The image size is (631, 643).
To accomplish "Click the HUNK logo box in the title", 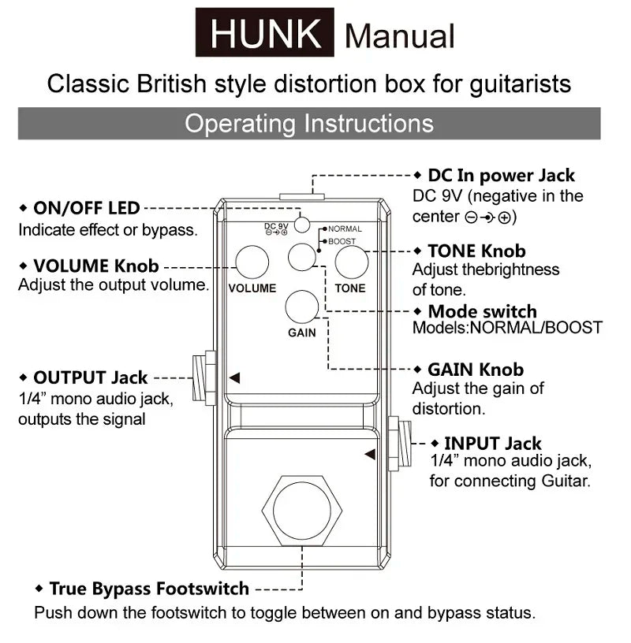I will pyautogui.click(x=265, y=34).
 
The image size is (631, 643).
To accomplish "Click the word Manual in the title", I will pyautogui.click(x=400, y=36).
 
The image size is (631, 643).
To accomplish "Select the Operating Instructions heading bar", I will pyautogui.click(x=308, y=124).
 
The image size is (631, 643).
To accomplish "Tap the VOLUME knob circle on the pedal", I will pyautogui.click(x=252, y=262).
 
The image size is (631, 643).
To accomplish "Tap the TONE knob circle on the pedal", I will pyautogui.click(x=351, y=262).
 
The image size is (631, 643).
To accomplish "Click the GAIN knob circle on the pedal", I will pyautogui.click(x=301, y=307).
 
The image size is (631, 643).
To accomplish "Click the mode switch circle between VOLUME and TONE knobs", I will pyautogui.click(x=301, y=257).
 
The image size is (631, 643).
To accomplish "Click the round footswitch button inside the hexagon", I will pyautogui.click(x=301, y=507).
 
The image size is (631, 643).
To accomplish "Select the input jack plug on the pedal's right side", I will pyautogui.click(x=399, y=444).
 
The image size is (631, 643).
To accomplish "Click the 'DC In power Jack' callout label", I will pyautogui.click(x=501, y=176).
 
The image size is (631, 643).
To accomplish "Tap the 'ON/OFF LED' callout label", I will pyautogui.click(x=86, y=209).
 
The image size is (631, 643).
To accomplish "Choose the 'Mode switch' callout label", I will pyautogui.click(x=482, y=311).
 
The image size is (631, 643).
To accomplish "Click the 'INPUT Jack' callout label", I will pyautogui.click(x=492, y=444).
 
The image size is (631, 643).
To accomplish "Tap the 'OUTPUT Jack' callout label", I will pyautogui.click(x=90, y=378).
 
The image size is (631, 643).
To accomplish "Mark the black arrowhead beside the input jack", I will pyautogui.click(x=369, y=454).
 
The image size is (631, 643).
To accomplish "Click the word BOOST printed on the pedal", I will pyautogui.click(x=341, y=242).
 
